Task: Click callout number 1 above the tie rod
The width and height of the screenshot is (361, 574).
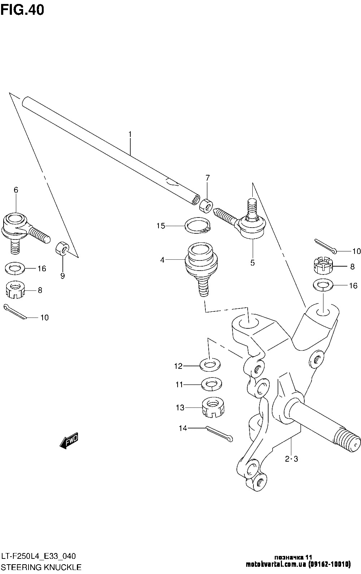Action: point(130,134)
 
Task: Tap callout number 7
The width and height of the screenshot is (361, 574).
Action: point(207,178)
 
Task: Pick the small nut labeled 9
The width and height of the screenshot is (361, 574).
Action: point(63,249)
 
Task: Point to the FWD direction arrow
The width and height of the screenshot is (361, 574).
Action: point(69,440)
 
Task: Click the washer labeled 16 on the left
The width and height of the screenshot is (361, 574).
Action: point(15,268)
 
